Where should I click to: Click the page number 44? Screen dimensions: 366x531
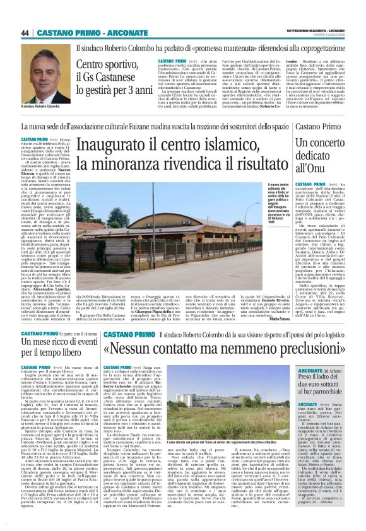click(x=27, y=32)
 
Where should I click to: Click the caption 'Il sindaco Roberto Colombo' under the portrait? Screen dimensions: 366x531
click(x=42, y=107)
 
